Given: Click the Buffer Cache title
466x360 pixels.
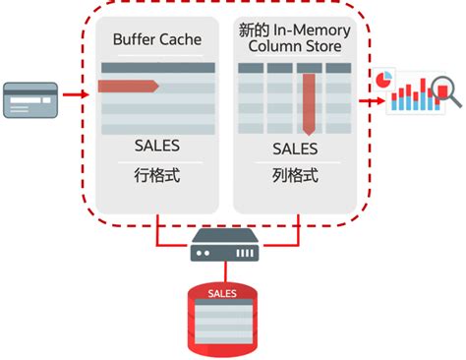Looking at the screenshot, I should click(x=157, y=39).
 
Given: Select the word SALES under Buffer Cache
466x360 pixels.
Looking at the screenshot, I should click(x=157, y=147).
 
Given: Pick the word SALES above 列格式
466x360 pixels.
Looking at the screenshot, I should click(x=295, y=149).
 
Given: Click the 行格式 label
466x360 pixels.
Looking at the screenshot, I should click(x=157, y=177).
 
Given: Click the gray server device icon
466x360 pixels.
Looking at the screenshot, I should click(x=226, y=244).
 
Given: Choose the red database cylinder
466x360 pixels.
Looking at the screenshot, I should click(x=226, y=314).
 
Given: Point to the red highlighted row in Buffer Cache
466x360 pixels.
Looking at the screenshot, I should click(x=128, y=87).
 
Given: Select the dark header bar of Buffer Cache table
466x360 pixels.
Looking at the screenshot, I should click(x=157, y=67).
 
